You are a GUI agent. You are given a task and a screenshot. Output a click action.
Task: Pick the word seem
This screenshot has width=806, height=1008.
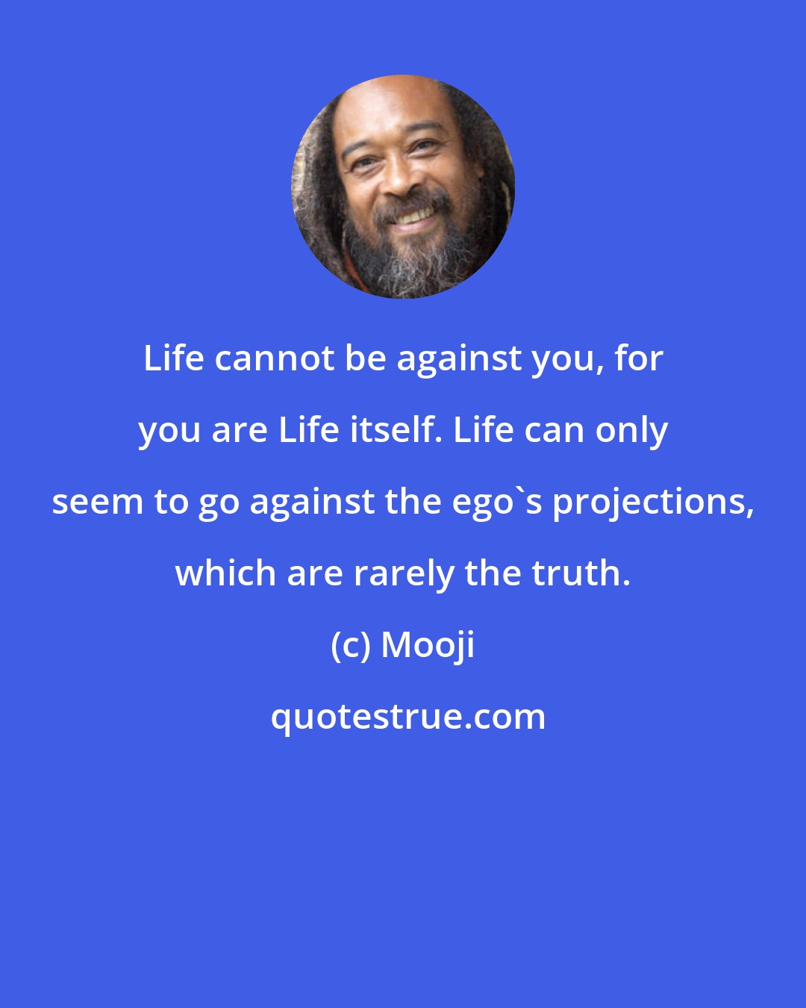pos(99,503)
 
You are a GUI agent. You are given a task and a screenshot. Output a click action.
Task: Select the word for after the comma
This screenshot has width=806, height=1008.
pos(639,359)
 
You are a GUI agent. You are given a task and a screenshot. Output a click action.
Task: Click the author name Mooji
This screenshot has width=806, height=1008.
pos(428,646)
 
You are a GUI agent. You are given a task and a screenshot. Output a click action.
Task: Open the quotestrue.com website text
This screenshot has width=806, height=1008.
pos(407,718)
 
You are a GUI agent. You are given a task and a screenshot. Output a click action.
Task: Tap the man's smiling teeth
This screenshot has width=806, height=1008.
pos(413,216)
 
